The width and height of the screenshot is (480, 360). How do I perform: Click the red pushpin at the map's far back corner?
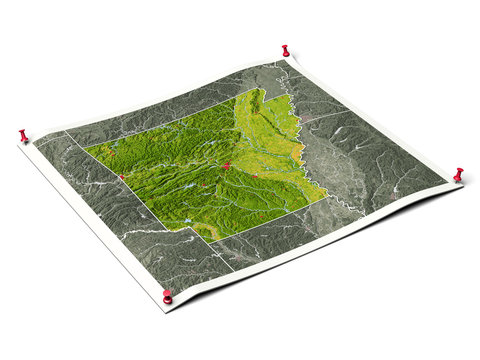pos(285,49)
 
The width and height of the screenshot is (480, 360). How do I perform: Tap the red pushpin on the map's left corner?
pos(23,134)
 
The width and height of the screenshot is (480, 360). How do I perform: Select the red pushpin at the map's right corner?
pos(458,175)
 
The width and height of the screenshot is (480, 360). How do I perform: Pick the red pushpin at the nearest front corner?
pos(167,296)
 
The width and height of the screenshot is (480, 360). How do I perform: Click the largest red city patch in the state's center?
pos(228,166)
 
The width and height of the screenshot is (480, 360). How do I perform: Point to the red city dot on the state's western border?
pos(121,178)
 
